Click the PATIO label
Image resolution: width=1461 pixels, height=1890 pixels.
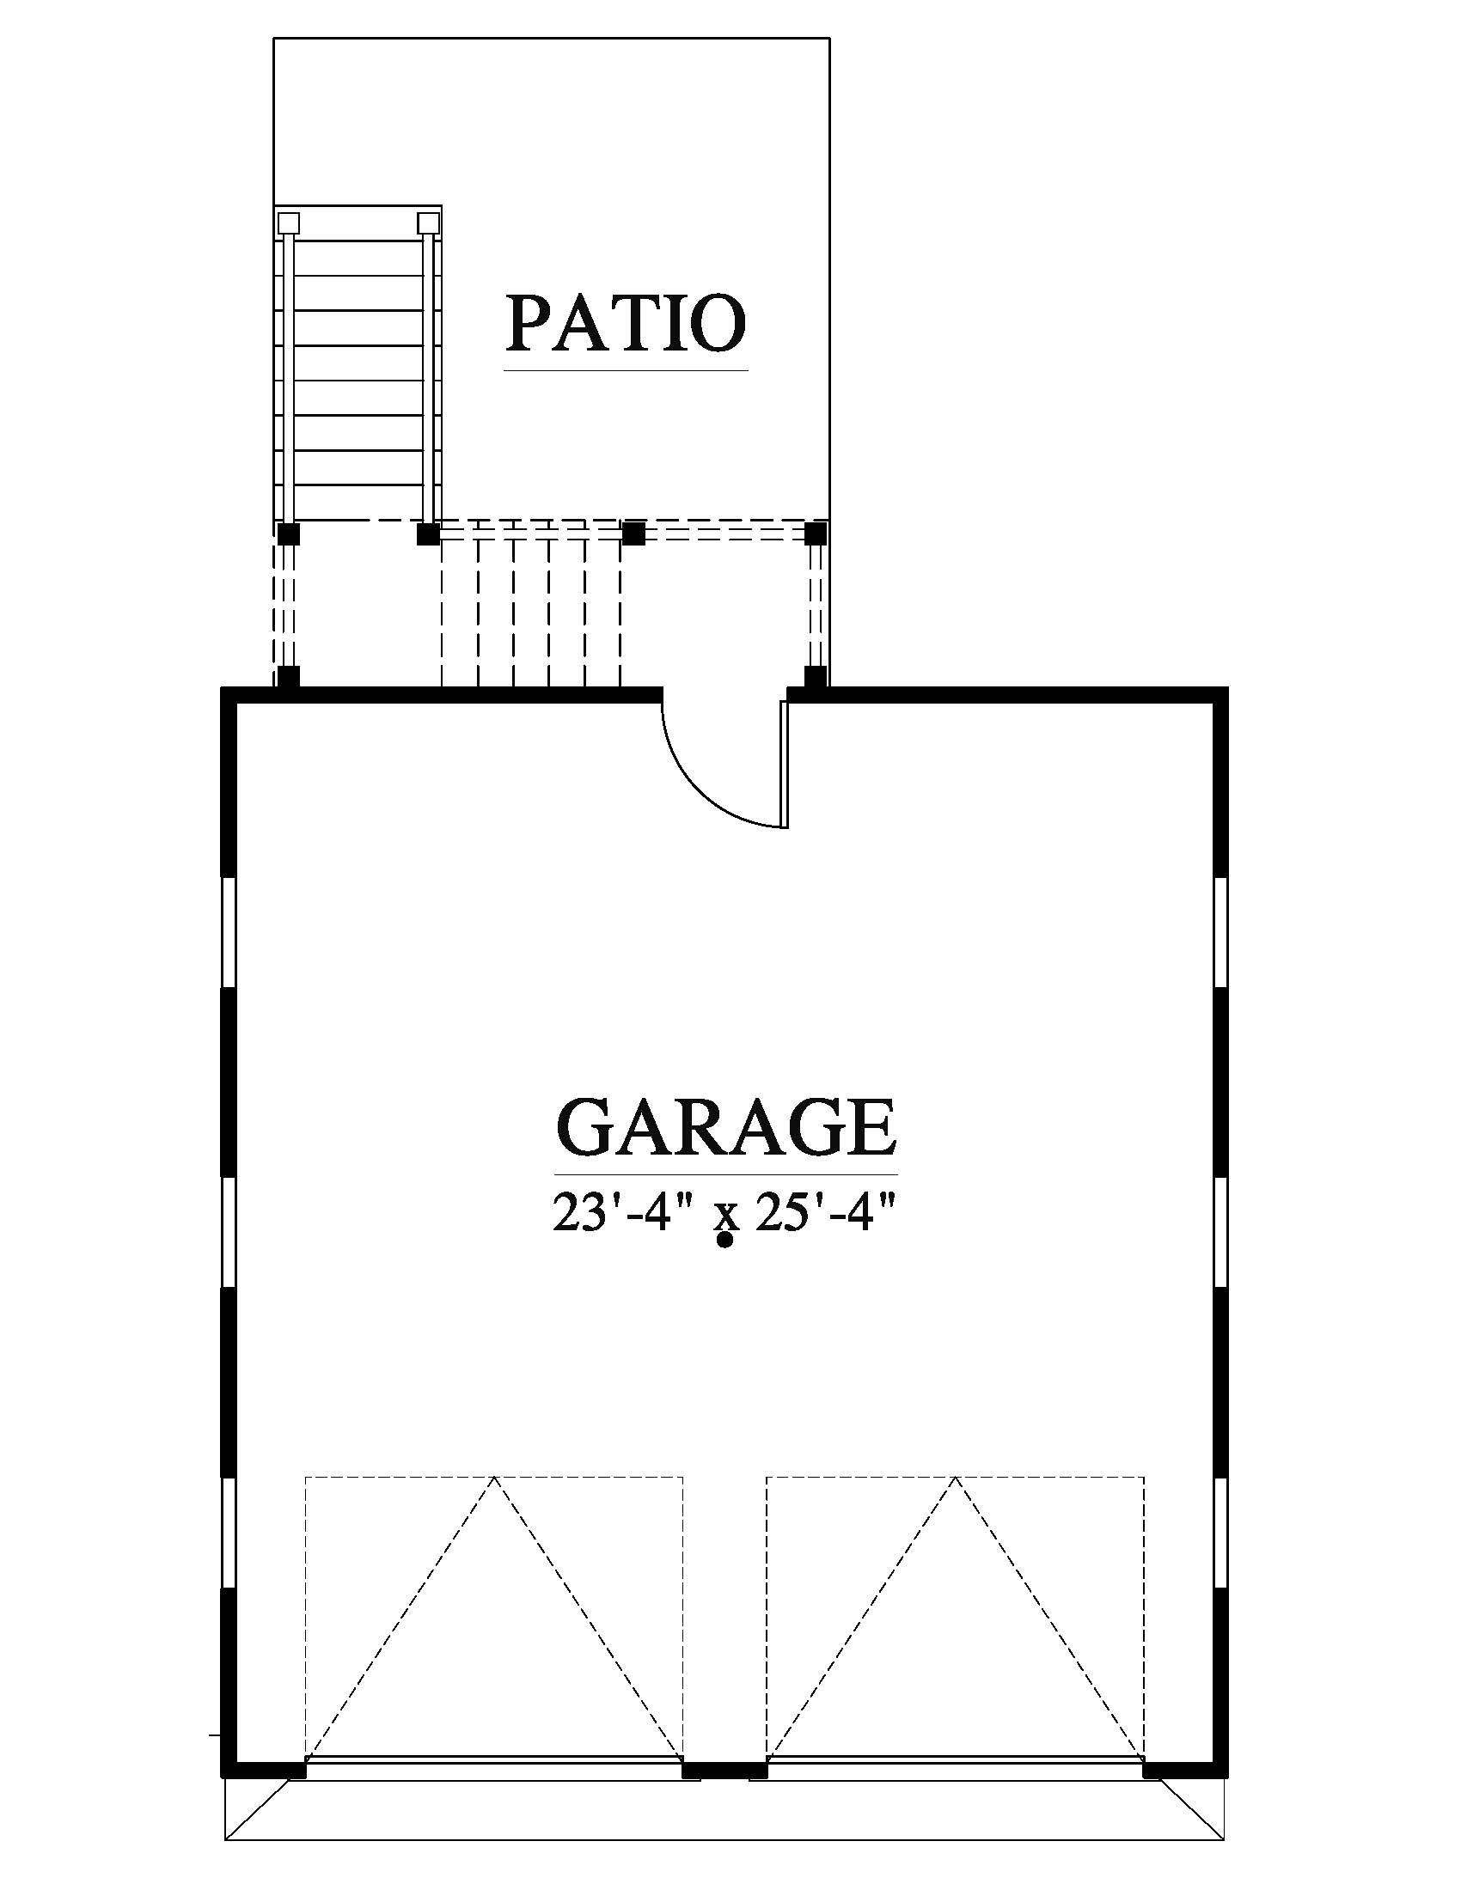pos(626,323)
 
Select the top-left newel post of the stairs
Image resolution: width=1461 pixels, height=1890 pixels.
pos(288,223)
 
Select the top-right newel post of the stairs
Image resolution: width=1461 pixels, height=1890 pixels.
pos(429,223)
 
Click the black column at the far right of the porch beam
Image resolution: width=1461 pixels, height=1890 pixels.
pos(816,534)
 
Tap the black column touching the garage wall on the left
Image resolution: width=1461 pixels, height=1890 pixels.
pos(288,677)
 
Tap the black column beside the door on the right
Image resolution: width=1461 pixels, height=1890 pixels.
pos(816,677)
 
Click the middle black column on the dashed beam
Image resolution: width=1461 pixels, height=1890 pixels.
pos(634,534)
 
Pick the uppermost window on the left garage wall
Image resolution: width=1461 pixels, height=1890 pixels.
pos(229,933)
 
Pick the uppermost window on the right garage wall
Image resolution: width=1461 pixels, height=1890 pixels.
pos(1221,933)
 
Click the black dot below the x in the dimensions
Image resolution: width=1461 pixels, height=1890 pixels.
pos(725,1240)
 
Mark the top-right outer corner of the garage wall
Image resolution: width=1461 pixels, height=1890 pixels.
pos(1228,687)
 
